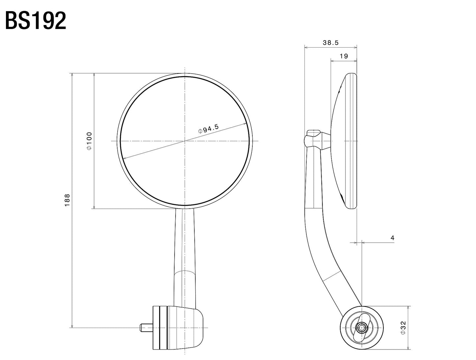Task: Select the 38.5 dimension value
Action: (330, 43)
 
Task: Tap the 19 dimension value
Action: (344, 56)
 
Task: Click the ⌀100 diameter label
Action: (89, 141)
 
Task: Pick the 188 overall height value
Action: (67, 200)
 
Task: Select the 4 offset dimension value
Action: (392, 238)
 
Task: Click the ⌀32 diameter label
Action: (404, 328)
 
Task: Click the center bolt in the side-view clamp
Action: (362, 328)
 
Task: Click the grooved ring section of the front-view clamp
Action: (160, 327)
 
